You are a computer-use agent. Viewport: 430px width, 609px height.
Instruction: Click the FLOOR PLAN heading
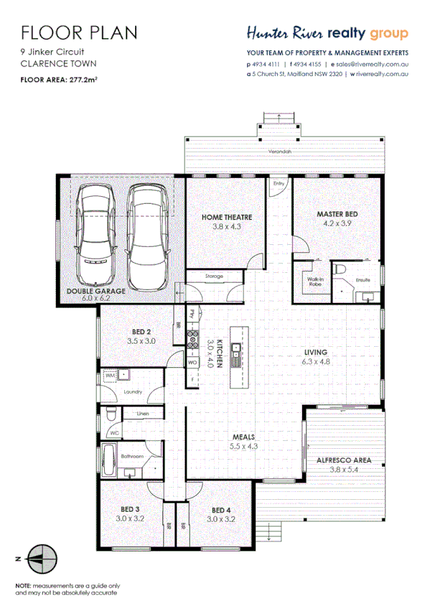(78, 32)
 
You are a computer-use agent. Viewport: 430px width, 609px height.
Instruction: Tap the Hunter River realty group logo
(327, 33)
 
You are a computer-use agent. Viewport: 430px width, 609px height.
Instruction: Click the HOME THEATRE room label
(226, 217)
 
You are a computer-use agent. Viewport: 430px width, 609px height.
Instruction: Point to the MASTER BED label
(337, 214)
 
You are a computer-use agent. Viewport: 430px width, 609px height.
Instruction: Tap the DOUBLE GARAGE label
(96, 291)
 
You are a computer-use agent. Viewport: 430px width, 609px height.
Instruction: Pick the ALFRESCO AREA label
(343, 460)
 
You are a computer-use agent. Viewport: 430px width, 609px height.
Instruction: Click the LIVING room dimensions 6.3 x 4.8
(316, 362)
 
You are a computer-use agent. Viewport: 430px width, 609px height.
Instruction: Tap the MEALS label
(243, 437)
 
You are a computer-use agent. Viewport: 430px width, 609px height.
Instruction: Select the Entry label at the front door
(279, 184)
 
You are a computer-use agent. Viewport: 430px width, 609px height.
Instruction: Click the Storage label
(214, 276)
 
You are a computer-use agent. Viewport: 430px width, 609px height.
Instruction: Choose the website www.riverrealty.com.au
(383, 73)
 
